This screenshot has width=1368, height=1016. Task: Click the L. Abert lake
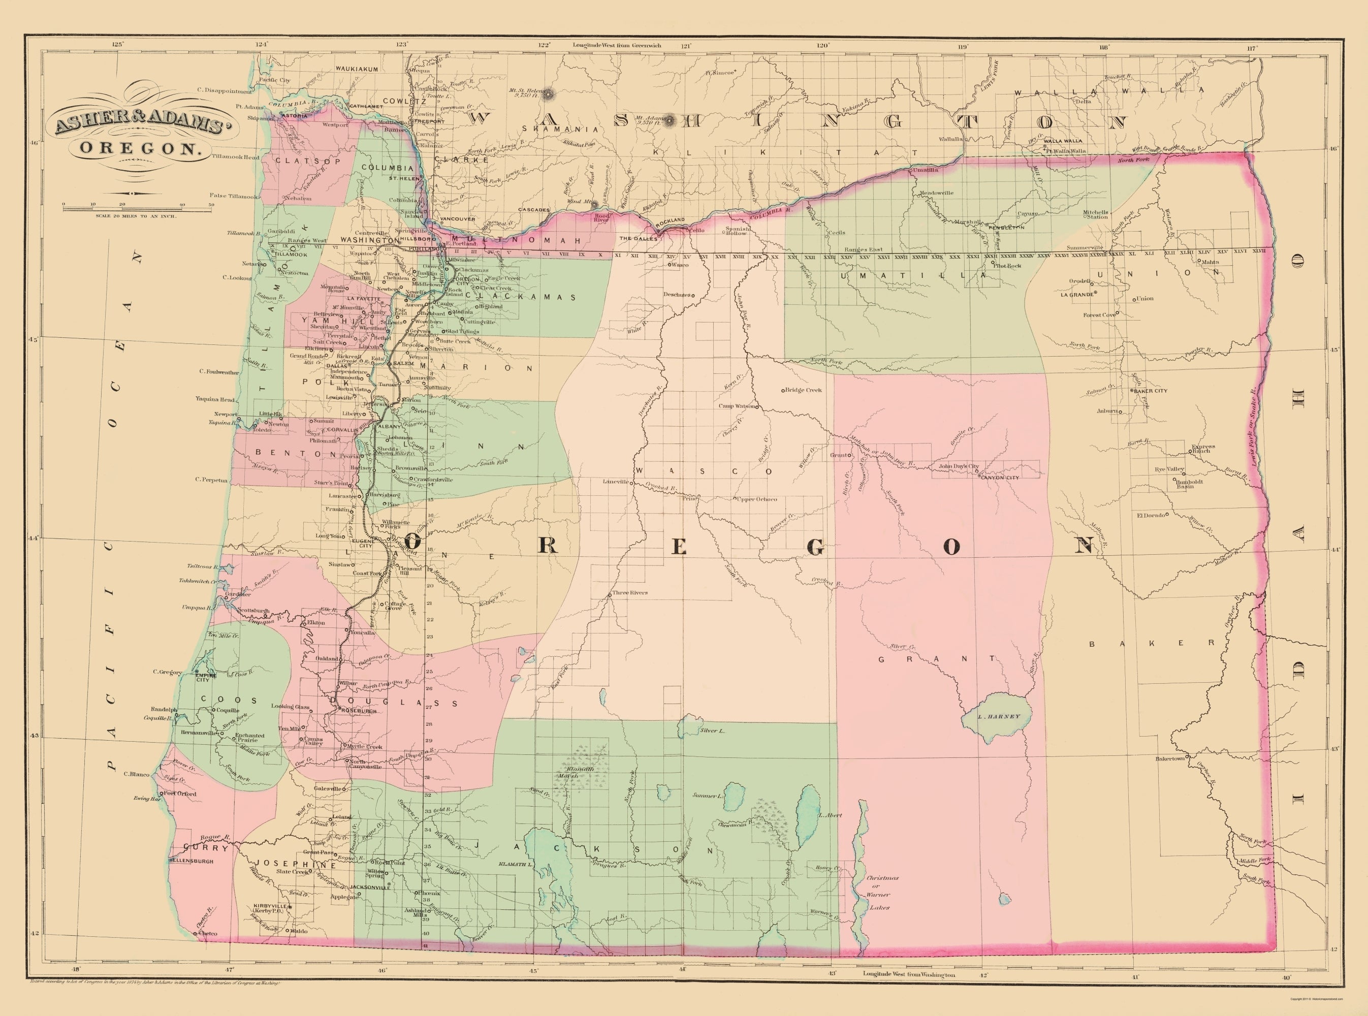point(807,805)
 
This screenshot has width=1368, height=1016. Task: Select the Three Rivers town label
point(629,593)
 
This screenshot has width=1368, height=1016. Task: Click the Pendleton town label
point(1006,228)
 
